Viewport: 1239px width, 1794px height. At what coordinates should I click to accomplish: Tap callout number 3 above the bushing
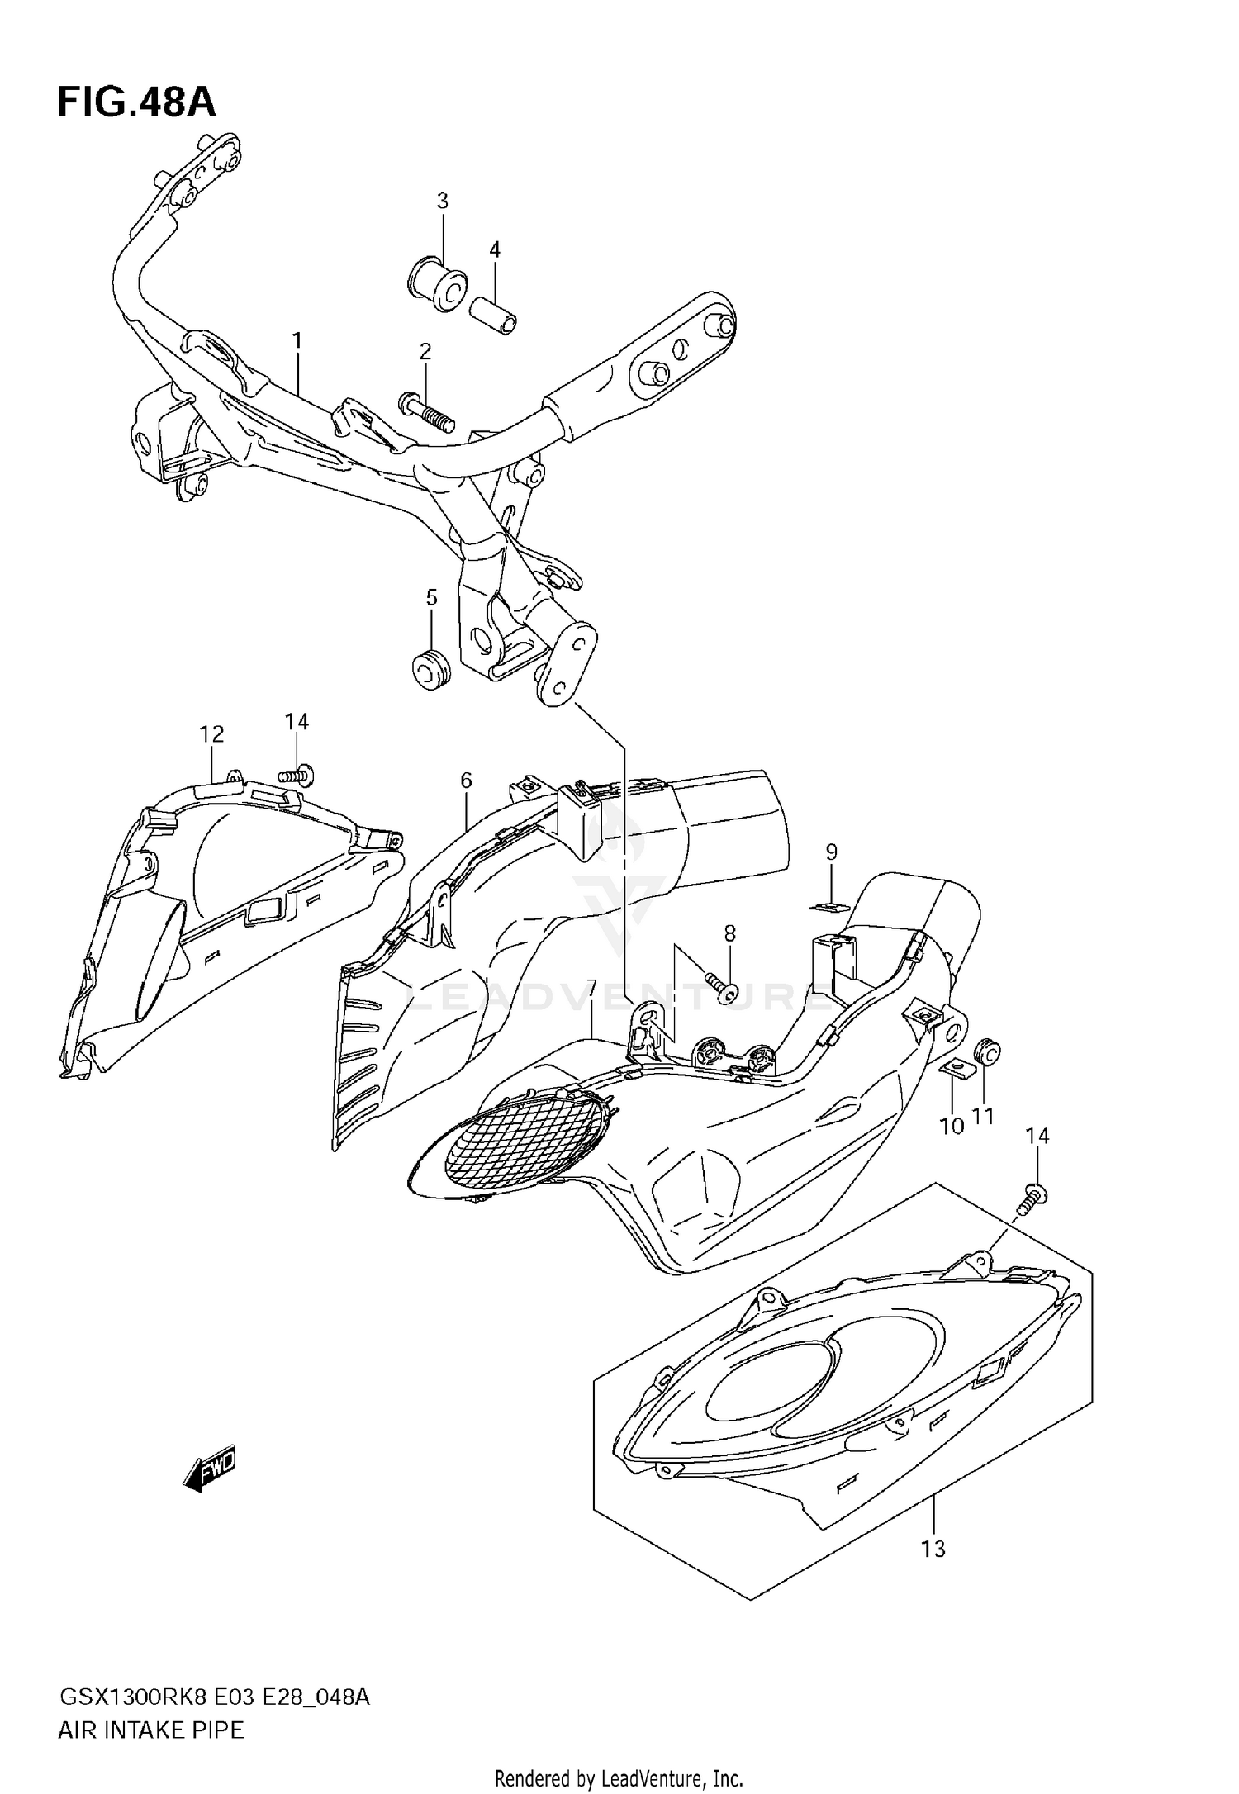pos(442,201)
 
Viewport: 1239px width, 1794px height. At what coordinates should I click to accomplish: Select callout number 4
pos(494,249)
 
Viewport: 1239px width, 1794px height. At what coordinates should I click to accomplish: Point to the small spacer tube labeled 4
pos(494,316)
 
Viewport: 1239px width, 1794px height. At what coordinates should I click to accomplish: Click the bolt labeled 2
pos(427,413)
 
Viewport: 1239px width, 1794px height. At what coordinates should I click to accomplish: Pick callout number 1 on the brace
pos(297,340)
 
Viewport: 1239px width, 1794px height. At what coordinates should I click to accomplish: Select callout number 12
pos(211,733)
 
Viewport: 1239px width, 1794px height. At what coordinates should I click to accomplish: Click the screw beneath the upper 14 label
pos(299,775)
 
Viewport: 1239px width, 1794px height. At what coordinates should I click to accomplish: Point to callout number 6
pos(466,780)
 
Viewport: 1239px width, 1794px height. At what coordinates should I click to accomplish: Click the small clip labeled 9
pos(830,907)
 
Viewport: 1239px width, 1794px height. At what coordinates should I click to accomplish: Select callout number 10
pos(952,1125)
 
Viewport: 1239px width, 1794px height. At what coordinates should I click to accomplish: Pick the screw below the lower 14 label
pos(1032,1198)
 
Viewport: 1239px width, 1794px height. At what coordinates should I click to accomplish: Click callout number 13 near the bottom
pos(933,1549)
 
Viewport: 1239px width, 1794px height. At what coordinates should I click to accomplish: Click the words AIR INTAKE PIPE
pos(151,1730)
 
